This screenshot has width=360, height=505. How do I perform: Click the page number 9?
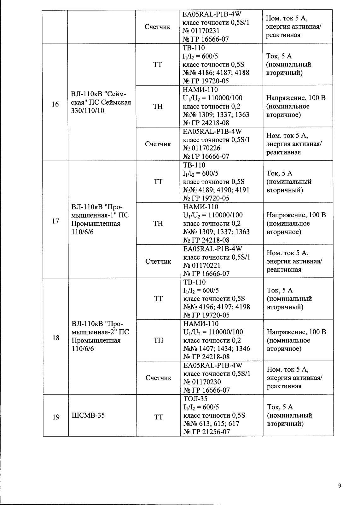point(340,485)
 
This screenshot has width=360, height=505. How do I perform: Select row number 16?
point(55,104)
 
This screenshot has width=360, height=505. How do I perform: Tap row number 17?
point(55,221)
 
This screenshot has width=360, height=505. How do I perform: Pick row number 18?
point(56,338)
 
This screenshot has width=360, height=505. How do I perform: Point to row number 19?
point(56,417)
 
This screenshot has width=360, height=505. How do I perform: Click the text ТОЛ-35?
point(195,399)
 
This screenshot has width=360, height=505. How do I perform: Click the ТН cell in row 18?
point(158,340)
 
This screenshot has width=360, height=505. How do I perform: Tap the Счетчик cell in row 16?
point(158,144)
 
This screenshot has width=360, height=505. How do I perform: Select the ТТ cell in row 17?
point(158,182)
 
